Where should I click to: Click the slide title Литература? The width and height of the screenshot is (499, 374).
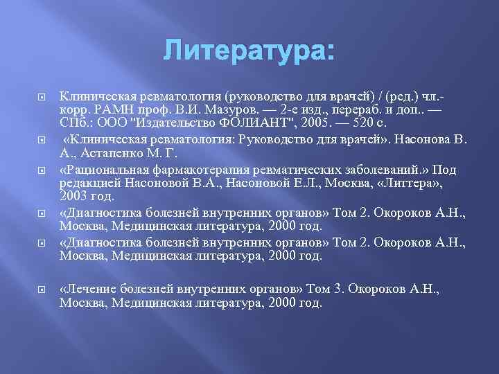249,52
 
